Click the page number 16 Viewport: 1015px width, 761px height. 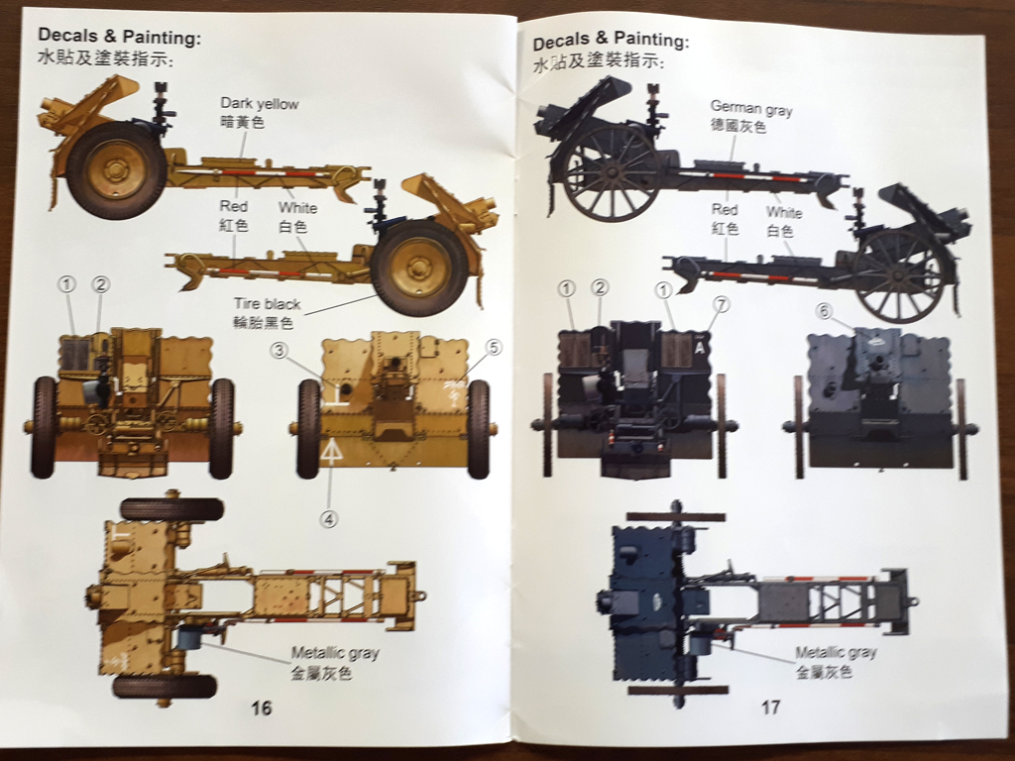tap(261, 707)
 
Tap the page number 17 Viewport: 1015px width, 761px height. tap(770, 707)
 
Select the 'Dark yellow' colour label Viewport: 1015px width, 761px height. tap(259, 103)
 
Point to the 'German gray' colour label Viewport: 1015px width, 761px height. tap(751, 110)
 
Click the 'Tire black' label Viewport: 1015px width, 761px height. tap(267, 303)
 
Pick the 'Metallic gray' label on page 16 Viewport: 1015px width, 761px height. tap(335, 653)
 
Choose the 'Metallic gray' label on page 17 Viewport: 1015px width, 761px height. tap(836, 652)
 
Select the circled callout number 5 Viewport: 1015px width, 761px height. tap(494, 347)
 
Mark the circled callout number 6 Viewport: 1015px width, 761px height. tap(823, 311)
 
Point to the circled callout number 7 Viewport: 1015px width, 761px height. tap(721, 304)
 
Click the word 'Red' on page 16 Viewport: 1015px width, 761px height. tap(234, 207)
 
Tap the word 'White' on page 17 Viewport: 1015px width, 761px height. tap(783, 212)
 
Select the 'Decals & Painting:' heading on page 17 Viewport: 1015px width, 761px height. tap(610, 42)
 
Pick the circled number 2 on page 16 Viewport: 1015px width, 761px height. tap(100, 284)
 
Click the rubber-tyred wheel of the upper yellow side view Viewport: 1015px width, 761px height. tap(116, 170)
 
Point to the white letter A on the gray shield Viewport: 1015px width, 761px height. tap(701, 348)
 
